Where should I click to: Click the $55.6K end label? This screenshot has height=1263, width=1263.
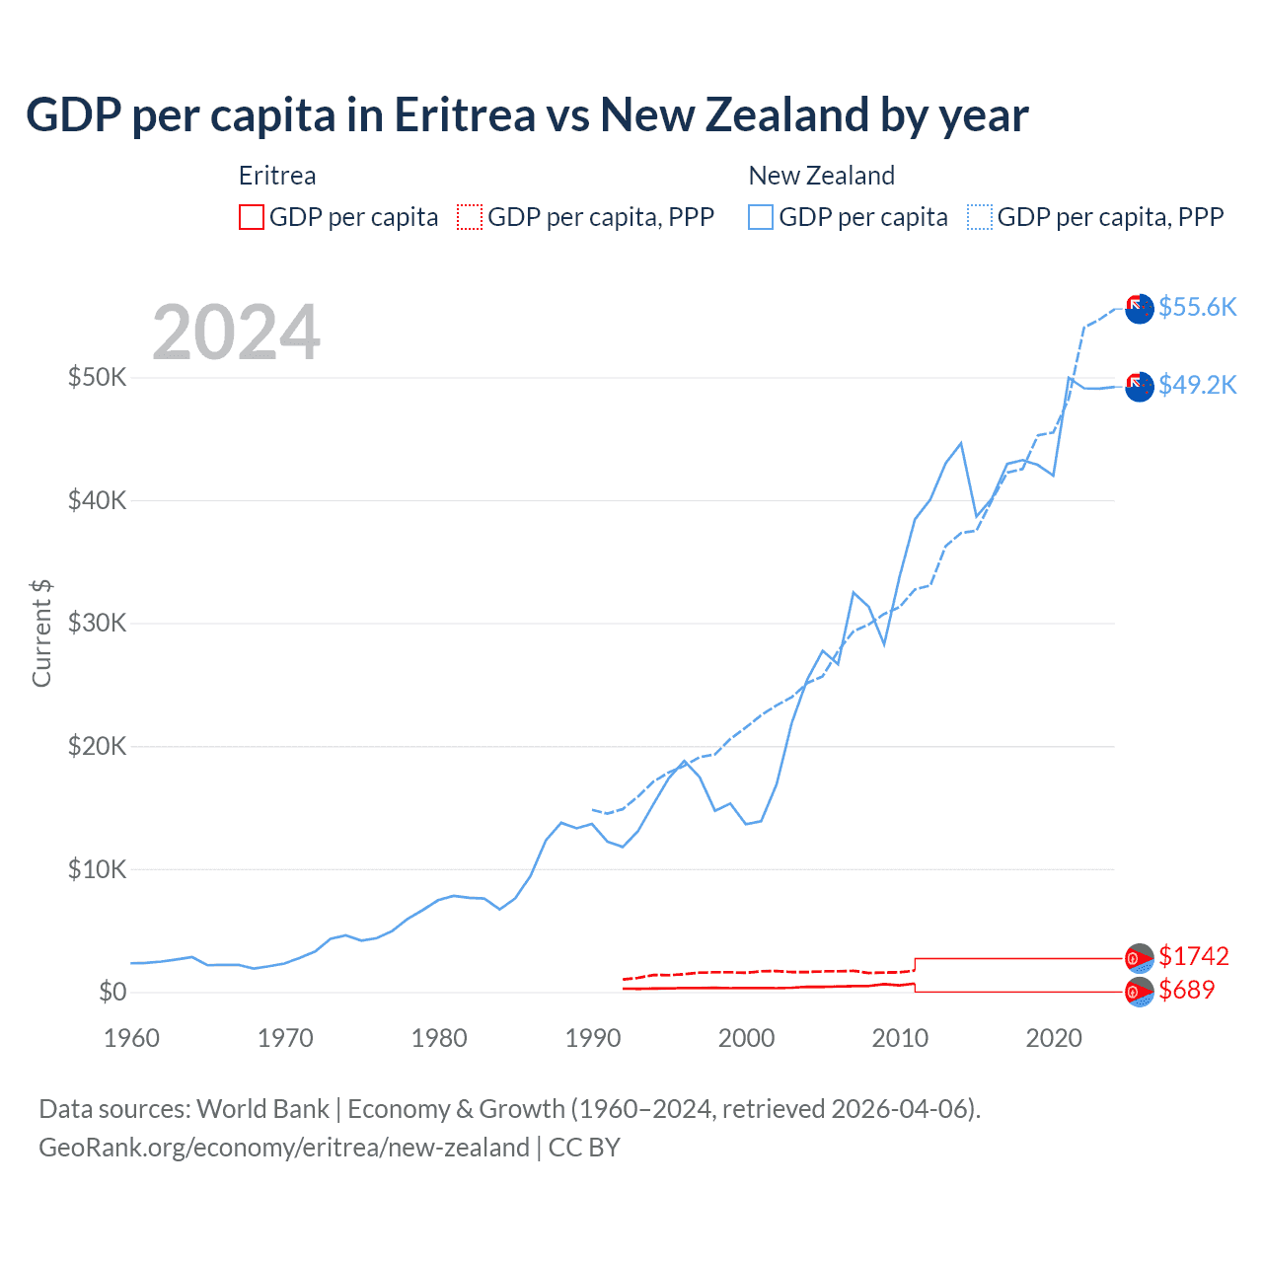[1197, 307]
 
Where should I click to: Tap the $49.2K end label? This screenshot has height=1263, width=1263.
[1197, 385]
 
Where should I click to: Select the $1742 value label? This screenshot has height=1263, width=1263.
[1193, 956]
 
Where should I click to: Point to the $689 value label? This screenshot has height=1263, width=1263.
[1186, 990]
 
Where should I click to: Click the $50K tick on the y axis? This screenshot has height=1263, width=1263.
[97, 377]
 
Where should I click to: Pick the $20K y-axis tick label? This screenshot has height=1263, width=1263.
[97, 746]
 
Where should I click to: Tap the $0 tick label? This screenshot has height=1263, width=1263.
[112, 992]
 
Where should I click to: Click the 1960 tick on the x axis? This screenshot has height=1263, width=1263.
[131, 1038]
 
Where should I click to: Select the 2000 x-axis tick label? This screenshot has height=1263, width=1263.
[746, 1038]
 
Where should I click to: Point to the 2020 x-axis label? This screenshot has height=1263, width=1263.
[1054, 1038]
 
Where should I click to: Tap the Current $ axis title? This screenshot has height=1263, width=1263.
[41, 632]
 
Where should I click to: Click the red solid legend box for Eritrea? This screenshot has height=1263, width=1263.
[252, 217]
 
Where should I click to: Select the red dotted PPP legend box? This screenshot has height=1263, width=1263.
[470, 217]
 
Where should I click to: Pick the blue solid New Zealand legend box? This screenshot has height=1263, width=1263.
[761, 217]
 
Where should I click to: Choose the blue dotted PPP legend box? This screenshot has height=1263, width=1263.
[980, 217]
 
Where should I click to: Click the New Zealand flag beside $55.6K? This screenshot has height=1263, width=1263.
[1140, 308]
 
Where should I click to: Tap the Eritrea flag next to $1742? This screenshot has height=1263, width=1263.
[1140, 957]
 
